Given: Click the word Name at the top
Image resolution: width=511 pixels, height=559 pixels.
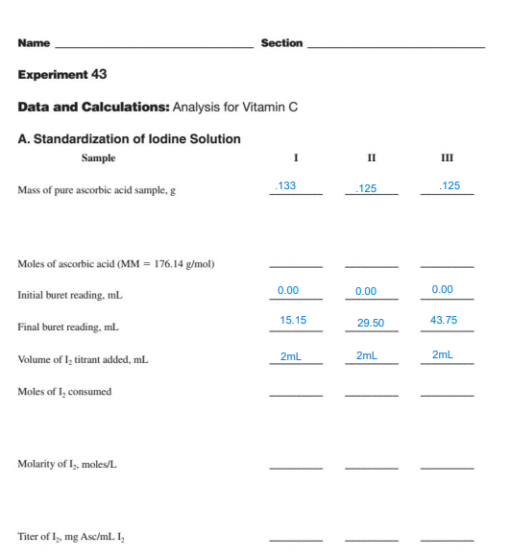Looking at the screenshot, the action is [x=34, y=43].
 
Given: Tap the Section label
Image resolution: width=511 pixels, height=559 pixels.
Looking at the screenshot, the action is [x=281, y=43].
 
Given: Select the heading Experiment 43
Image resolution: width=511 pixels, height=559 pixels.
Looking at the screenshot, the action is [x=62, y=75].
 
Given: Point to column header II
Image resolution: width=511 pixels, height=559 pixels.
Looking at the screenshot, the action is [x=371, y=158].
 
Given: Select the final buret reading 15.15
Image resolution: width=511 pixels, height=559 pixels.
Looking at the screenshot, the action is [x=292, y=321].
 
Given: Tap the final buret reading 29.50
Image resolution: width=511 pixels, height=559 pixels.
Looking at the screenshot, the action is [x=370, y=324].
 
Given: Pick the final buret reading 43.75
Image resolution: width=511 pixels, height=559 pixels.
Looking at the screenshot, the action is [x=445, y=321].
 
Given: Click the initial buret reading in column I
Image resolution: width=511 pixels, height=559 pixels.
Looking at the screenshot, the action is [x=288, y=290].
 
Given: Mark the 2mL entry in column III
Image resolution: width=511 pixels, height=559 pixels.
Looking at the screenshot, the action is [x=443, y=355].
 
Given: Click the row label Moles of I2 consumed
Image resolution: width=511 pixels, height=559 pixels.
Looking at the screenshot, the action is [x=64, y=392].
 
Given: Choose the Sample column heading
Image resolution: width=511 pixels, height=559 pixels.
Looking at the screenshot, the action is [x=98, y=158].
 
